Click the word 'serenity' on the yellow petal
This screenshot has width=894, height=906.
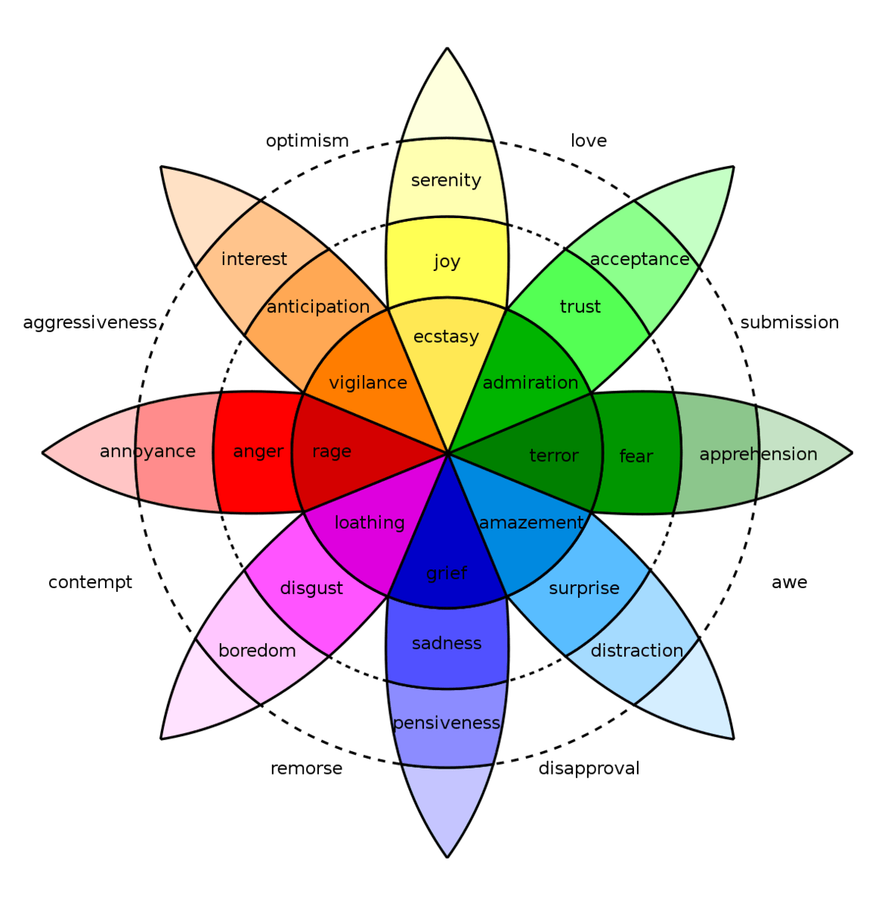(446, 180)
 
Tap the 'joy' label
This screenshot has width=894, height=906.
(447, 261)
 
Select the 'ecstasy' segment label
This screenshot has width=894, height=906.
(446, 336)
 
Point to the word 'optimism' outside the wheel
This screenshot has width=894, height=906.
(307, 141)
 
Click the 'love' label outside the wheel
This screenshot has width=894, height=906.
(588, 141)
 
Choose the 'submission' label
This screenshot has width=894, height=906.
(789, 322)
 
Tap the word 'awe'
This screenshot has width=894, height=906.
(789, 583)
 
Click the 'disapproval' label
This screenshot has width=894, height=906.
(589, 769)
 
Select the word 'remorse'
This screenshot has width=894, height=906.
(306, 769)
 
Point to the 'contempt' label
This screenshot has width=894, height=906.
(90, 583)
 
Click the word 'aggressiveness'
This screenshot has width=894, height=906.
(90, 323)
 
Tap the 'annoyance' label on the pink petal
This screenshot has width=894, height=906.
(147, 451)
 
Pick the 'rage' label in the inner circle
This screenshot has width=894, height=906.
(332, 451)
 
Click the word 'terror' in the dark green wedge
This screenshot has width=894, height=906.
(554, 455)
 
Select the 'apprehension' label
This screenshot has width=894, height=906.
(758, 455)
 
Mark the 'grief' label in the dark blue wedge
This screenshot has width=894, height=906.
(447, 573)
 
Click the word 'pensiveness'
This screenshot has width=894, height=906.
(447, 723)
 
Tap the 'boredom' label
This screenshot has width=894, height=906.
(257, 651)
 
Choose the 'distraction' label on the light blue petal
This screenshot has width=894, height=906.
(636, 651)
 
